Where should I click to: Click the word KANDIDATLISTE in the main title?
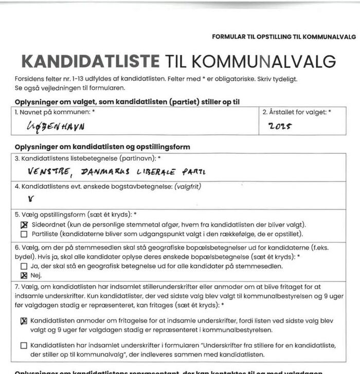tap(90, 61)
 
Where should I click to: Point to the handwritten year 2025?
tap(280, 125)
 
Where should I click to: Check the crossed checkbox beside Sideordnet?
tap(24, 225)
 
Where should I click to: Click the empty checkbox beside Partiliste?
tap(24, 234)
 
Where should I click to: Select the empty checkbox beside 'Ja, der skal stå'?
tap(24, 266)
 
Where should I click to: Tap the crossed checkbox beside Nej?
tap(24, 275)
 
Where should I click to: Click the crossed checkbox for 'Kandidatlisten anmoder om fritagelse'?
tap(24, 321)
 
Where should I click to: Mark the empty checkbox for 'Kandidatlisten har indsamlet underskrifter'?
tap(24, 345)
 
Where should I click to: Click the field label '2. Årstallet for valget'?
tap(296, 112)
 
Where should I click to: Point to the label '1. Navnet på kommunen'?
tap(55, 112)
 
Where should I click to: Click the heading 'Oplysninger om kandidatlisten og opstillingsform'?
tap(102, 147)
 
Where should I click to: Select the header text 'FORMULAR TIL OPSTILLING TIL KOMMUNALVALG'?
tap(283, 37)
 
